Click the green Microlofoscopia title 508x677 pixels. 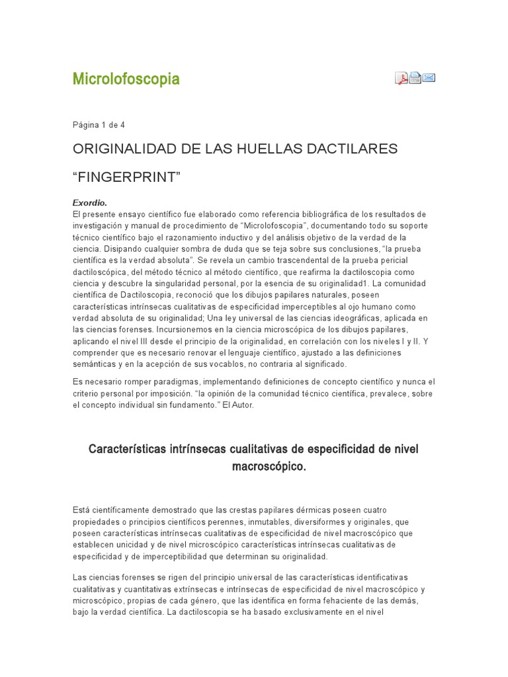coord(126,79)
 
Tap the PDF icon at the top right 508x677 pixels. coord(402,79)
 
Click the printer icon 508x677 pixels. coord(415,78)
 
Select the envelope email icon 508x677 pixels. coord(429,78)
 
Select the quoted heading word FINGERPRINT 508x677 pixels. coord(126,177)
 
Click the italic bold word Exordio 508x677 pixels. coord(89,203)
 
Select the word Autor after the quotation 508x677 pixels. coord(241,406)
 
